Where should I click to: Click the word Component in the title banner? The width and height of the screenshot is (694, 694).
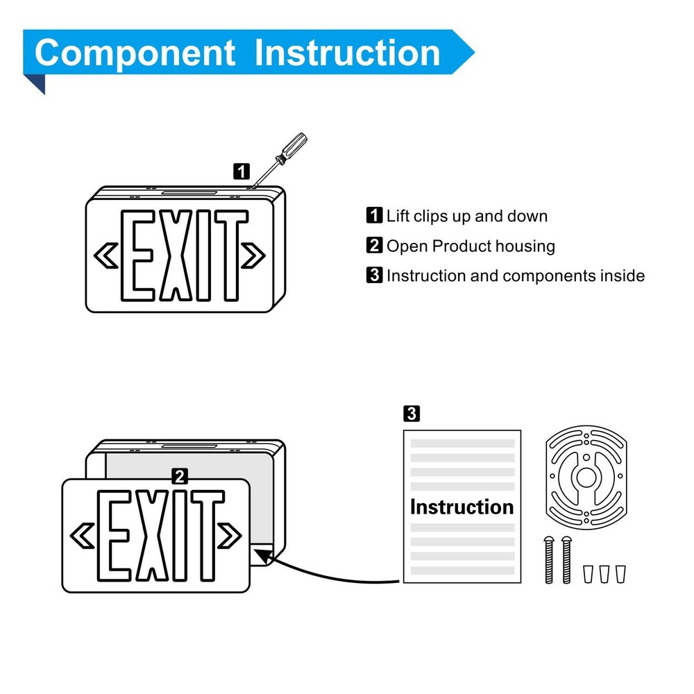coord(135,53)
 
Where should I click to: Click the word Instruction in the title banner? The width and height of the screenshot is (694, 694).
coord(347,53)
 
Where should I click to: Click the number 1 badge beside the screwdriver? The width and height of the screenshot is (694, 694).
coord(241,171)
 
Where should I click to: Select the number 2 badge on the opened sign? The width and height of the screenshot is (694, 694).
coord(180,476)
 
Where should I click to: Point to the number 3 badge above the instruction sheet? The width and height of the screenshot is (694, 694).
coord(411,414)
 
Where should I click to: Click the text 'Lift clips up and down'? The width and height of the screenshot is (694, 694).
coord(466,216)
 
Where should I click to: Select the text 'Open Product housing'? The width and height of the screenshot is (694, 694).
coord(471,246)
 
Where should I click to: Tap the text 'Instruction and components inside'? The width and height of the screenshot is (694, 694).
coord(515,276)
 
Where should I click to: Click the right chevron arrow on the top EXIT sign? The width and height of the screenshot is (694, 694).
coord(253,255)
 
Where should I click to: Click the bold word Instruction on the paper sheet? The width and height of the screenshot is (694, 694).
coord(462,507)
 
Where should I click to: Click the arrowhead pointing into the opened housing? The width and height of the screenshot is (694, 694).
coord(263,554)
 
